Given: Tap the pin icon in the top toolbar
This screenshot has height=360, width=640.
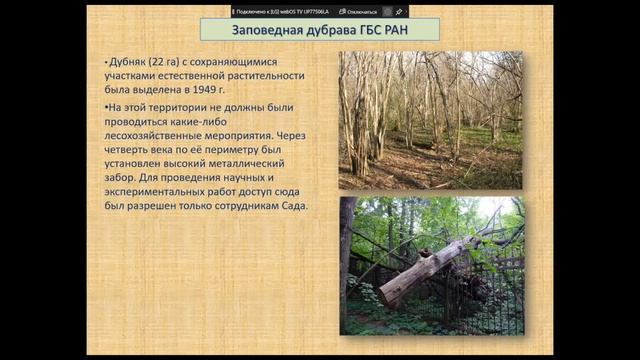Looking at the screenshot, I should [x=399, y=11].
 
